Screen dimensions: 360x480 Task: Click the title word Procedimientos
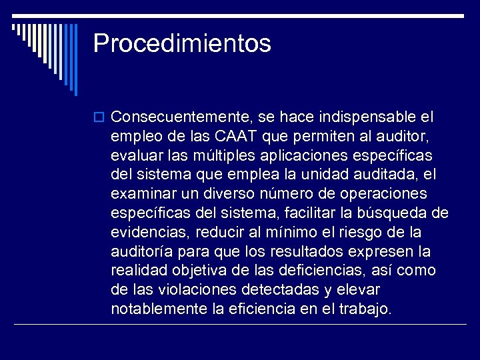182,44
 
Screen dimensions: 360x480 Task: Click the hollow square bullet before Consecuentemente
100,118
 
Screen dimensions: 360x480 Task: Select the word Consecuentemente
179,117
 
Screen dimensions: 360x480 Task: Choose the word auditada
388,175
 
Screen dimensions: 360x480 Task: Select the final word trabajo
366,309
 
